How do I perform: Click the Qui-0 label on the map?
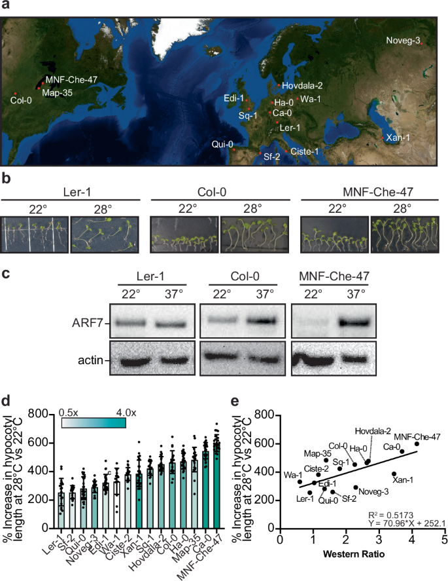222,143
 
